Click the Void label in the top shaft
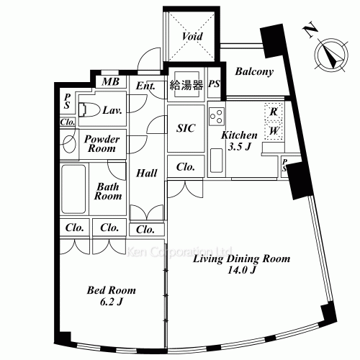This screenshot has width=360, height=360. pyautogui.click(x=192, y=36)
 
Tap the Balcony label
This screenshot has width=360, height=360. pyautogui.click(x=254, y=71)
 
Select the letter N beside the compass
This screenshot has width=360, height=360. pyautogui.click(x=310, y=30)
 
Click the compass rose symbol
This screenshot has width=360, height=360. pyautogui.click(x=332, y=55)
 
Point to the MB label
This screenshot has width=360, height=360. pyautogui.click(x=110, y=82)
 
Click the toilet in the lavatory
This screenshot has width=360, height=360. pyautogui.click(x=89, y=110)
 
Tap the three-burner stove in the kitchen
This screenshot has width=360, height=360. pyautogui.click(x=217, y=117)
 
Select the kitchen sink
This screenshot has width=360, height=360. pyautogui.click(x=216, y=161)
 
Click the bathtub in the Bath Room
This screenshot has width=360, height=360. pyautogui.click(x=73, y=189)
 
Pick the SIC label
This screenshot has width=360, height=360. pyautogui.click(x=186, y=128)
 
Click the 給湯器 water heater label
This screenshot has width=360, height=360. pyautogui.click(x=186, y=85)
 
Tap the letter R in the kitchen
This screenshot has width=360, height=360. pyautogui.click(x=274, y=112)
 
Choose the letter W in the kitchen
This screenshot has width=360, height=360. pyautogui.click(x=274, y=131)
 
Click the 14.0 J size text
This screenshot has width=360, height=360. pyautogui.click(x=241, y=271)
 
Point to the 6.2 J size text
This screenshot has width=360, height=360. pyautogui.click(x=111, y=302)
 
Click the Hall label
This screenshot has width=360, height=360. pyautogui.click(x=147, y=173)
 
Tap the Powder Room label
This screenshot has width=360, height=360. pyautogui.click(x=102, y=144)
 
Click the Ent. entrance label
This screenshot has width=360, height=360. pyautogui.click(x=145, y=86)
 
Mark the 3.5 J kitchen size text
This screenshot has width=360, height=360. pyautogui.click(x=239, y=146)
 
